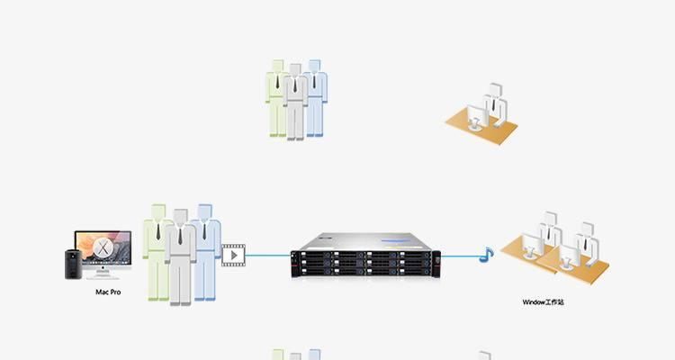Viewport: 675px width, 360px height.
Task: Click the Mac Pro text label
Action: coord(108,292)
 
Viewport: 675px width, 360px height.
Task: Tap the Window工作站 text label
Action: coord(543,302)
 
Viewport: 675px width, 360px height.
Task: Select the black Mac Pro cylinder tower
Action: coord(73,265)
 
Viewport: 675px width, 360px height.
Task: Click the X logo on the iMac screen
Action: coord(103,248)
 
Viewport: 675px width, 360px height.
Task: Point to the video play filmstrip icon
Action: coord(233,256)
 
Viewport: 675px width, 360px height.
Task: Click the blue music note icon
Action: coord(486,255)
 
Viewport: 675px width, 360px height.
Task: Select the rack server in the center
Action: coord(365,256)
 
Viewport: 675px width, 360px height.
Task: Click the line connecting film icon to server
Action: coord(268,255)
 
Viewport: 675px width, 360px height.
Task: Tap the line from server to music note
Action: coord(461,256)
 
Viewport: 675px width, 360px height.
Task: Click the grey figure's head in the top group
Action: coord(295,70)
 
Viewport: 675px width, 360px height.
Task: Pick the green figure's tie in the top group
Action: coord(278,81)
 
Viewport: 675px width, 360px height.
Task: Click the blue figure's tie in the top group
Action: coord(314,81)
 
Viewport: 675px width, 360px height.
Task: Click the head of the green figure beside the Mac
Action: coord(158,211)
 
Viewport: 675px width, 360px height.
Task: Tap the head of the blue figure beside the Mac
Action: coord(205,211)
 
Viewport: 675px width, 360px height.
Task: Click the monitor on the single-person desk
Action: coord(478,115)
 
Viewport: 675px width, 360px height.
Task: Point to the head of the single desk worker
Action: coord(496,90)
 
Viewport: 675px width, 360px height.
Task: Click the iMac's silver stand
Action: coord(103,271)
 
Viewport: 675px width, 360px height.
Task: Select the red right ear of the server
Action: coord(436,264)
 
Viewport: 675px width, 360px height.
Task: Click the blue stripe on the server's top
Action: coord(395,240)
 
